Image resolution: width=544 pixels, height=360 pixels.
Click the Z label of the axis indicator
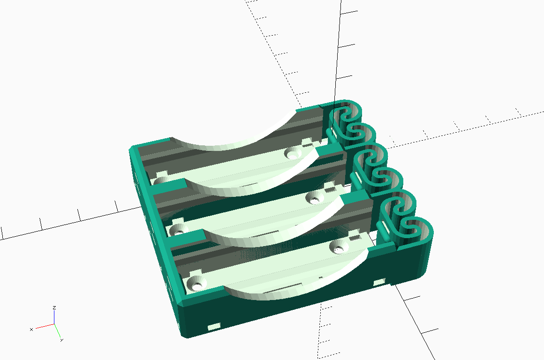(54, 307)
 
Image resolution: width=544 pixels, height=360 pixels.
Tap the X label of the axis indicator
(31, 329)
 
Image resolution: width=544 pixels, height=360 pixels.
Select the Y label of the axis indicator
(62, 340)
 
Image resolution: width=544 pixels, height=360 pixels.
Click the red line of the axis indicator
(45, 326)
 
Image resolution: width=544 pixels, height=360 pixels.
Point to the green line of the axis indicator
(58, 331)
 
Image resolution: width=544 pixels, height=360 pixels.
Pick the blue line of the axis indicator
(54, 317)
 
